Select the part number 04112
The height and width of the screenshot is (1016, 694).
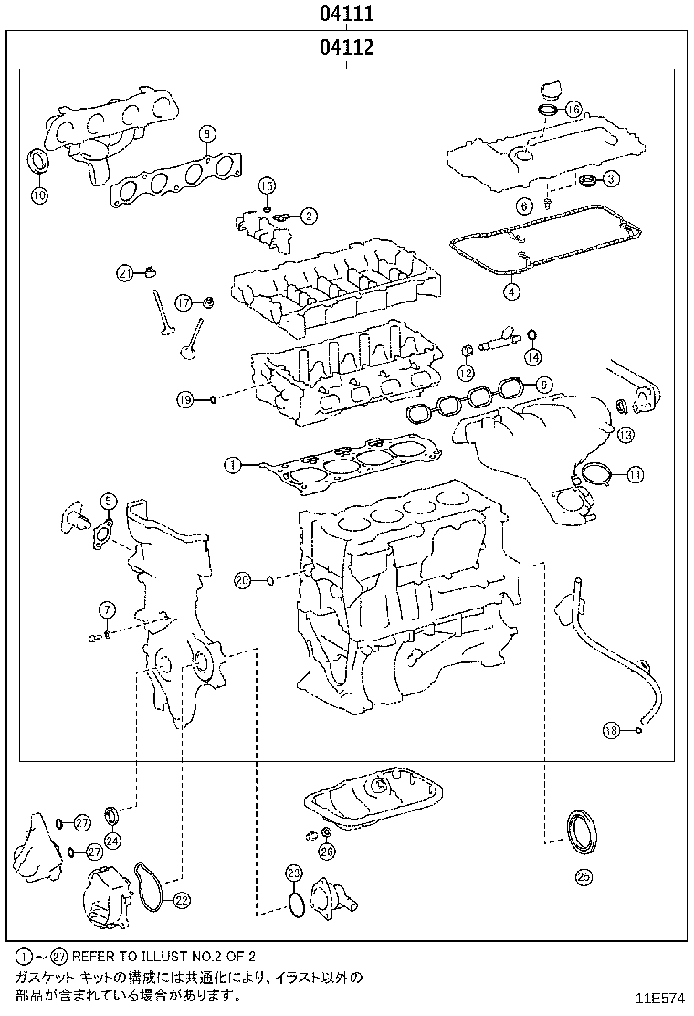coord(347,48)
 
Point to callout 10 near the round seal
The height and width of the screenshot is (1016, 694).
coord(39,194)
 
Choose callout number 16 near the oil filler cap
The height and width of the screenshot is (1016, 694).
coord(573,110)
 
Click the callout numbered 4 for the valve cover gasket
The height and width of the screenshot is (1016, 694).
coord(511,292)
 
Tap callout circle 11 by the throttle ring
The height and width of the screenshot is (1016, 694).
coord(635,473)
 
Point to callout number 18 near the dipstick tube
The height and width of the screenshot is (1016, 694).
coord(612,729)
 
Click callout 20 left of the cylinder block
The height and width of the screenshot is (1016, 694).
coord(242,579)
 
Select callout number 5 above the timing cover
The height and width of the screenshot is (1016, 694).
coord(108,500)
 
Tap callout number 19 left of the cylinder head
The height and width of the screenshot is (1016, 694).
coord(184,399)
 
